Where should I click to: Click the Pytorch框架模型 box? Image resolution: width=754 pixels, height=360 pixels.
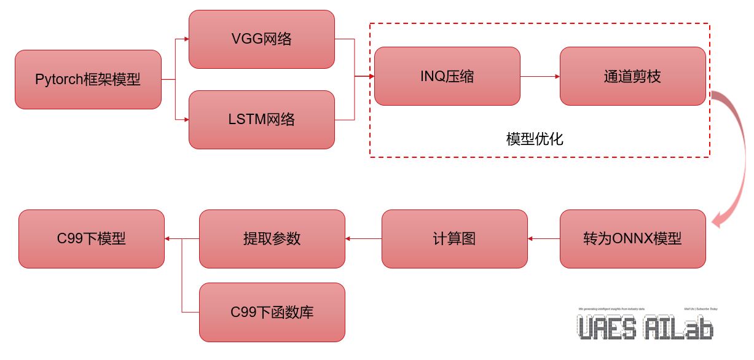[88, 80]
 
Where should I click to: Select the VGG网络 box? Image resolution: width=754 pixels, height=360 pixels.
[262, 39]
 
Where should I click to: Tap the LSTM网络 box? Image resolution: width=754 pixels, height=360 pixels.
[262, 120]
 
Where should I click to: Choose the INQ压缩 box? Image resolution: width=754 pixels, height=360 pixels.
[447, 76]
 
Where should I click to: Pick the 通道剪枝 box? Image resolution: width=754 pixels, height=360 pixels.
[632, 76]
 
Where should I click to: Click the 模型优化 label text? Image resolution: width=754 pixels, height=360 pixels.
[535, 139]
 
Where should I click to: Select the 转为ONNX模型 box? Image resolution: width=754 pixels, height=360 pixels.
[632, 239]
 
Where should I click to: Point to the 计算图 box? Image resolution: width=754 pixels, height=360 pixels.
[454, 239]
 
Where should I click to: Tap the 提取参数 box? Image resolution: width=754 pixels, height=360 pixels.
[272, 239]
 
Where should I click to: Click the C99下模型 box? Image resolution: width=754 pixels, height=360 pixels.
[92, 239]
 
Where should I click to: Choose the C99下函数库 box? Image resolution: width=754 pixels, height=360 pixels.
[272, 312]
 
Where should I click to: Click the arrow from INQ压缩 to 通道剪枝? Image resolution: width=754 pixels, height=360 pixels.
[540, 76]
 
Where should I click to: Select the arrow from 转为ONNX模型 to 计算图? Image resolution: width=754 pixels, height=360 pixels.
[544, 239]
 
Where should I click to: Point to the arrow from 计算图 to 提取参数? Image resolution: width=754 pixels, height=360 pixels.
[363, 239]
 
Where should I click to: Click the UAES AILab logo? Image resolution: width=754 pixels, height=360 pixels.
[646, 324]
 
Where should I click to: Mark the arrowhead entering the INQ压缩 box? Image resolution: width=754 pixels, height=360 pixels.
[371, 76]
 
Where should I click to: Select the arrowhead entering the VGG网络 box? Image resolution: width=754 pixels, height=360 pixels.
[186, 39]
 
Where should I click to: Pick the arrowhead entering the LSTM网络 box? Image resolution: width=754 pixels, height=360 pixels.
[186, 120]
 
